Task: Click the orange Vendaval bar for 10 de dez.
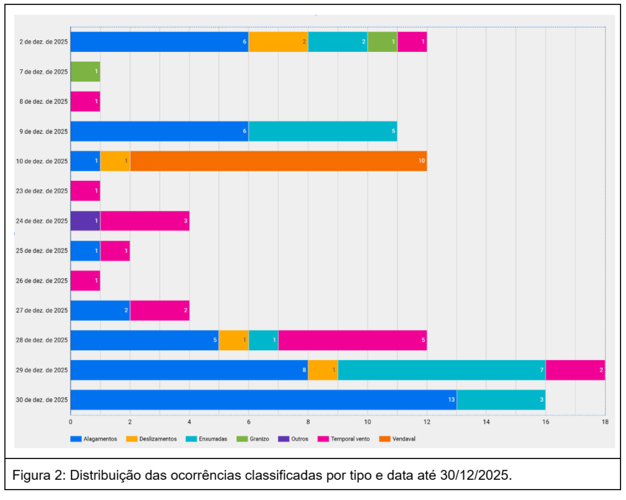pyautogui.click(x=278, y=161)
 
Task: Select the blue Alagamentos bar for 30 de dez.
pyautogui.click(x=263, y=400)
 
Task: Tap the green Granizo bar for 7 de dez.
pyautogui.click(x=85, y=72)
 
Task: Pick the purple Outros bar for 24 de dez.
pyautogui.click(x=85, y=221)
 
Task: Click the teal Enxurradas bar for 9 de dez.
pyautogui.click(x=323, y=131)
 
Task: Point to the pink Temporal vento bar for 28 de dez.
pyautogui.click(x=352, y=340)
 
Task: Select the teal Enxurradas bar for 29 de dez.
pyautogui.click(x=441, y=370)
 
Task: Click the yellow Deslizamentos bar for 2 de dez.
pyautogui.click(x=278, y=42)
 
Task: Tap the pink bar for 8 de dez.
pyautogui.click(x=85, y=101)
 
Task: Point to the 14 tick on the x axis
pyautogui.click(x=486, y=422)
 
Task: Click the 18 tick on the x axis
pyautogui.click(x=605, y=422)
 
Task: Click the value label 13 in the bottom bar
pyautogui.click(x=451, y=400)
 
